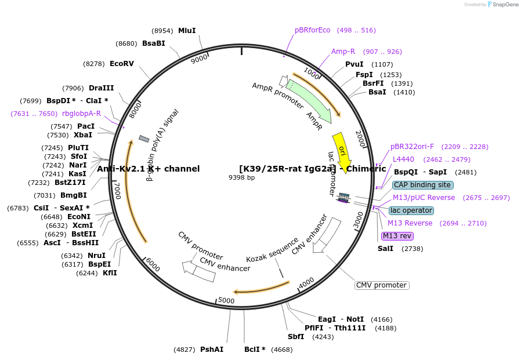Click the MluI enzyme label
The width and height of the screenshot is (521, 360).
point(187,31)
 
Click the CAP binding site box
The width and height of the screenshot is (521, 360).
point(422,185)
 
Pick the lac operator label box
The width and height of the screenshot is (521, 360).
point(411,210)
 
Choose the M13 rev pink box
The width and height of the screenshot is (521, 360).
point(397,236)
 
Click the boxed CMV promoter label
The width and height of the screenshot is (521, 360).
point(381,285)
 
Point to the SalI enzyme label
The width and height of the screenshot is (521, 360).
point(385,249)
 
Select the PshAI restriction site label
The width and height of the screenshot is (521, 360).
point(212,350)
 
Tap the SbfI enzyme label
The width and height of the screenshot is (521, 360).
point(296,337)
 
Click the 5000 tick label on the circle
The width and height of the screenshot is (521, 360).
point(226,300)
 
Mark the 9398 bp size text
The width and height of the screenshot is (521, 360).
point(242,177)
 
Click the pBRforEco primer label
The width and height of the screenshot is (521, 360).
point(312,30)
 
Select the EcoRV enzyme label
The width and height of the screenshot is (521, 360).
point(122,64)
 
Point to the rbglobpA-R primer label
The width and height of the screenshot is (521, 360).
point(81,114)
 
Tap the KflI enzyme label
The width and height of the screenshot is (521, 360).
point(110,273)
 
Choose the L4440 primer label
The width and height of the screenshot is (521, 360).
point(403,159)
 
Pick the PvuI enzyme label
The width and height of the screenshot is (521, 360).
point(354,64)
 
